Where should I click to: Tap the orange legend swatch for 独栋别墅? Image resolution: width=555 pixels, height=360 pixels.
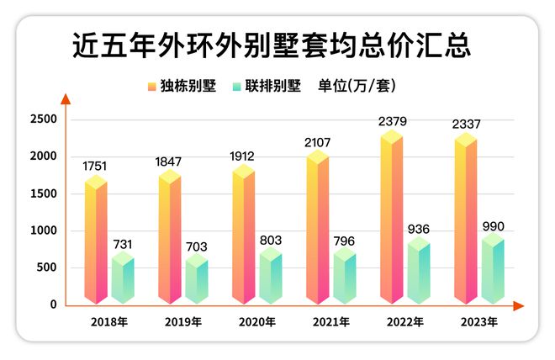tap(151, 87)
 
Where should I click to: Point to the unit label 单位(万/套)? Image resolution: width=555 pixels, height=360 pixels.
tap(357, 87)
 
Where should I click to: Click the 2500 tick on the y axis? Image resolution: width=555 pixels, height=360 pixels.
tap(43, 119)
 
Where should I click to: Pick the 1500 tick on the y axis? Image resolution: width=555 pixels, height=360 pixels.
tap(43, 193)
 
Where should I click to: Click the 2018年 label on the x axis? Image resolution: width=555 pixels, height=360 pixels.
tap(109, 322)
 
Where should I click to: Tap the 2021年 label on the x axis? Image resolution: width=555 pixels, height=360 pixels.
tap(330, 322)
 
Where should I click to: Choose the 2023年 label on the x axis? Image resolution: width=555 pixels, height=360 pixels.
tap(478, 322)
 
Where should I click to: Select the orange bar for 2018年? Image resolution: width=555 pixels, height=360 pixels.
tap(96, 240)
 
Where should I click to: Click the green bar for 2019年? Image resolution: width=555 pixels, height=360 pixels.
tap(196, 282)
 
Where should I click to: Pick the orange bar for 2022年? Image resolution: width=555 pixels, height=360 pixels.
tap(391, 219)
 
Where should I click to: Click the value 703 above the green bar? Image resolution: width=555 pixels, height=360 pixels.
tap(196, 246)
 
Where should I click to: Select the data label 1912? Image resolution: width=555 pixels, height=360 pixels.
tap(245, 156)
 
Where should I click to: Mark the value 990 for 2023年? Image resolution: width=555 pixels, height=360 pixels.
tap(492, 226)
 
